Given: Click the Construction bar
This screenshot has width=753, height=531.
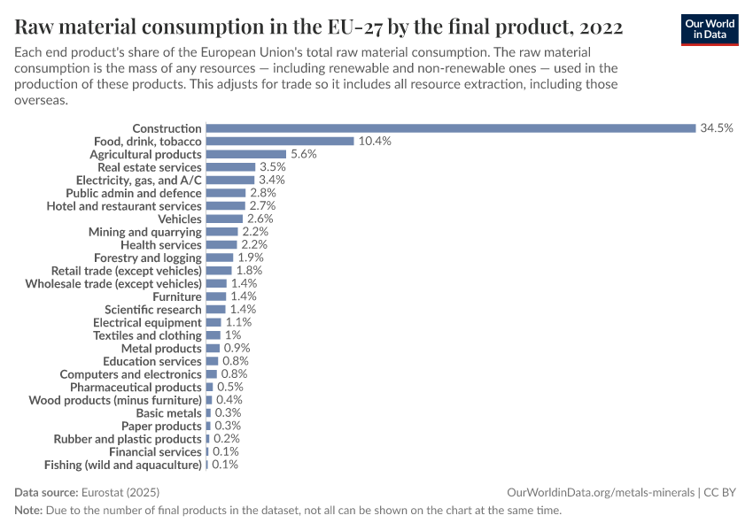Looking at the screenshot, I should click(450, 128).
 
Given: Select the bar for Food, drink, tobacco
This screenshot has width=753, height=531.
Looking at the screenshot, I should click(280, 142).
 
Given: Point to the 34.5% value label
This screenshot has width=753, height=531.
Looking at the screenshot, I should click(717, 128).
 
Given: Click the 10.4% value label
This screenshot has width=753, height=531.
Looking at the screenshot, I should click(375, 142).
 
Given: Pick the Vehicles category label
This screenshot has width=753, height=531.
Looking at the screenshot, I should click(180, 219).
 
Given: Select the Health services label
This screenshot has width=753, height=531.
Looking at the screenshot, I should click(161, 244).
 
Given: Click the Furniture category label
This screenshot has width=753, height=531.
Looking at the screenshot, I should click(177, 296).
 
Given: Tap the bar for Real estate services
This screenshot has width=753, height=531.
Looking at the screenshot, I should click(230, 167).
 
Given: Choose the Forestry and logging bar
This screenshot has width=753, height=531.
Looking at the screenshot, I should click(219, 258).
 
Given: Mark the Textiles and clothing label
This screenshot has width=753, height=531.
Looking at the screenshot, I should click(147, 335).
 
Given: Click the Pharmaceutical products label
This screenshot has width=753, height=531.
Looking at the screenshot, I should click(136, 387).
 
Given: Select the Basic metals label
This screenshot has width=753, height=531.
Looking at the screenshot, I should click(168, 412).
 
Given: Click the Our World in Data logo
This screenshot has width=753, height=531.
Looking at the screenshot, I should click(710, 29).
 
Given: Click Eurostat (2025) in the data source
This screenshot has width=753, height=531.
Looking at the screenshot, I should click(120, 492).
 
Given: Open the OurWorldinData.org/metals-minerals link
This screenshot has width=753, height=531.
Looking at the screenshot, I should click(601, 492).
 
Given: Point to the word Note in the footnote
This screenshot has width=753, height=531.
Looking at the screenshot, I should click(27, 511).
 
